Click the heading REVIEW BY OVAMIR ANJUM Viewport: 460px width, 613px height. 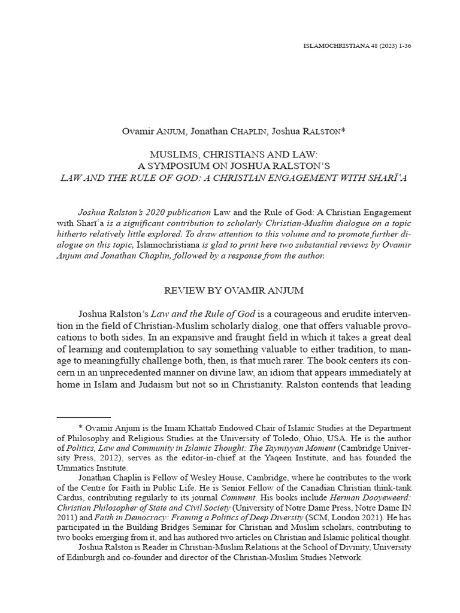pyautogui.click(x=234, y=290)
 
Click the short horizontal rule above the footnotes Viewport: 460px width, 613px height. pyautogui.click(x=83, y=416)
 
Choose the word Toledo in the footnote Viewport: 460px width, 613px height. pyautogui.click(x=316, y=439)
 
